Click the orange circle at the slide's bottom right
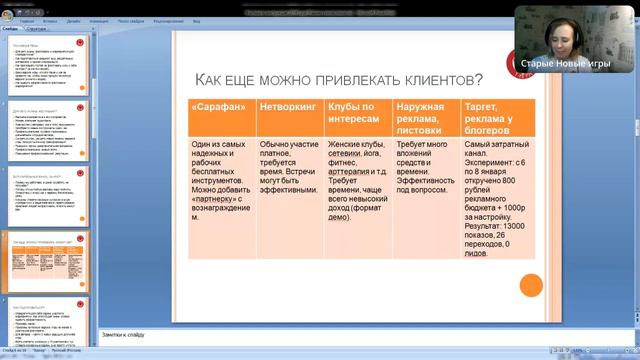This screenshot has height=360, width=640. (530, 285)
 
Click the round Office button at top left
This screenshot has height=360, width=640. (6, 6)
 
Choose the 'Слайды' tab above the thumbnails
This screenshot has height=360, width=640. (12, 29)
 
